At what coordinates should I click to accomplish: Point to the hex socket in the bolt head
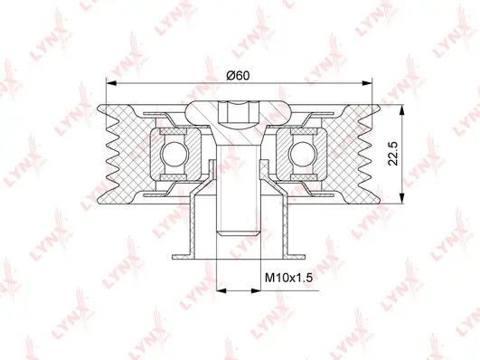pos(237,112)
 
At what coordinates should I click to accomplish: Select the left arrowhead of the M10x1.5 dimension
pos(216,290)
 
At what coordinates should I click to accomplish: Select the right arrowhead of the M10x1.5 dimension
pos(259,290)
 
